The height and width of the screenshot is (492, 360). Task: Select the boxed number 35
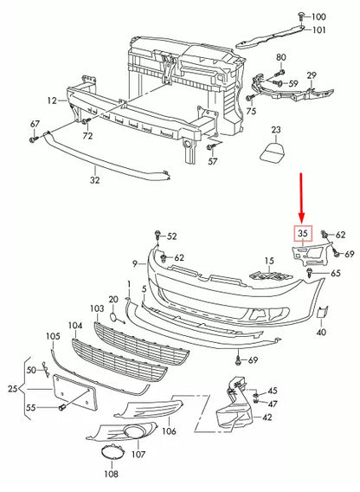pos(303,233)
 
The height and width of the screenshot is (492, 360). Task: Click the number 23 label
pos(276,130)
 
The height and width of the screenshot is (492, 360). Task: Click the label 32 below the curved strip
pos(94,181)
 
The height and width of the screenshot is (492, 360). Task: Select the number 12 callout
pos(52,100)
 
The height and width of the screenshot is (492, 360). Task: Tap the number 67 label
pos(35,125)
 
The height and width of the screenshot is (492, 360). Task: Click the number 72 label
pos(87,137)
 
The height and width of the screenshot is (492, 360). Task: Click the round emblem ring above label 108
pos(112,453)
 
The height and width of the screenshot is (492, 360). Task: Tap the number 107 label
pos(138,453)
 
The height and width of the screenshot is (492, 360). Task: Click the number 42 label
pos(267,418)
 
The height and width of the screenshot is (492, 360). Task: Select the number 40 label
pos(320,332)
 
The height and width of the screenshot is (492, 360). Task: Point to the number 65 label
pos(334,273)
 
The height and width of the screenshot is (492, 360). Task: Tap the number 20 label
pos(112,299)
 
